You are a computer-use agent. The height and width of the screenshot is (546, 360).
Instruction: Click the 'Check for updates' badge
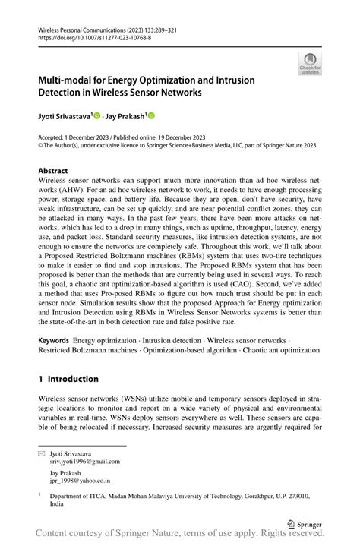[x=311, y=63]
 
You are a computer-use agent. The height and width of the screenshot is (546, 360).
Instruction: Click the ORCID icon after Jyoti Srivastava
[x=98, y=115]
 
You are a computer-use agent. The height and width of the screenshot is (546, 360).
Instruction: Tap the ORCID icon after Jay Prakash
[x=150, y=115]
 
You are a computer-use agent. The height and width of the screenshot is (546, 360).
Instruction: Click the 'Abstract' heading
[x=53, y=171]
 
